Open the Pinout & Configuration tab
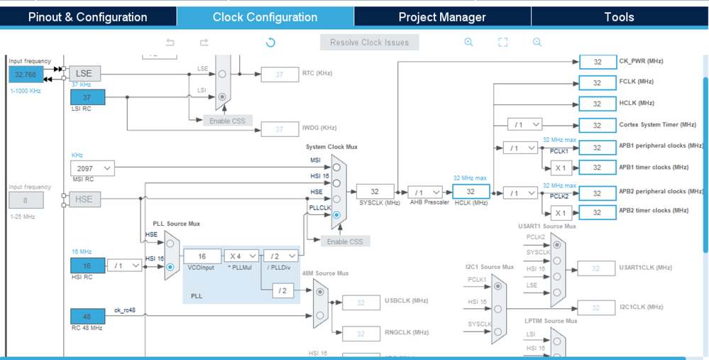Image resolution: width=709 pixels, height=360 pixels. click(x=88, y=17)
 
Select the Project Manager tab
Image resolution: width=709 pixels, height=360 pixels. click(x=442, y=17)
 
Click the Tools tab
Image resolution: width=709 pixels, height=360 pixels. click(x=619, y=17)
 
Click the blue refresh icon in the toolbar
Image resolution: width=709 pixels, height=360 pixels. click(x=270, y=43)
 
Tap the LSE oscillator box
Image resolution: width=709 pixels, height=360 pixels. click(x=84, y=73)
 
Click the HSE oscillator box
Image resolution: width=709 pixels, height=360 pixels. click(x=84, y=200)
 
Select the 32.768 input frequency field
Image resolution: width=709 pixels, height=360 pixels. click(x=26, y=74)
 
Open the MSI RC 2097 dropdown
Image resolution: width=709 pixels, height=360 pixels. click(x=92, y=168)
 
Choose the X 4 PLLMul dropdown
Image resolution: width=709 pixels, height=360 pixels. click(x=242, y=256)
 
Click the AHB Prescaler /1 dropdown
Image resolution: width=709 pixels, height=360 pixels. click(x=425, y=192)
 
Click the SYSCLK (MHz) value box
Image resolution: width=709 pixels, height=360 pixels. click(x=375, y=192)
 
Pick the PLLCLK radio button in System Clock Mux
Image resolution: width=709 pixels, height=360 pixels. click(x=336, y=214)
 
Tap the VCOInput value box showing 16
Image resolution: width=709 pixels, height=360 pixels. click(x=202, y=256)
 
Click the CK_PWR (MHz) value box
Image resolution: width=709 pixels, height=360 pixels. click(x=598, y=62)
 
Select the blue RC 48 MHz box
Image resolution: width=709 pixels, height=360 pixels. click(x=87, y=316)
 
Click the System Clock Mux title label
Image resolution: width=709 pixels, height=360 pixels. click(x=331, y=147)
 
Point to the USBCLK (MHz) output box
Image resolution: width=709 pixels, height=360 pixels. click(x=361, y=302)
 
